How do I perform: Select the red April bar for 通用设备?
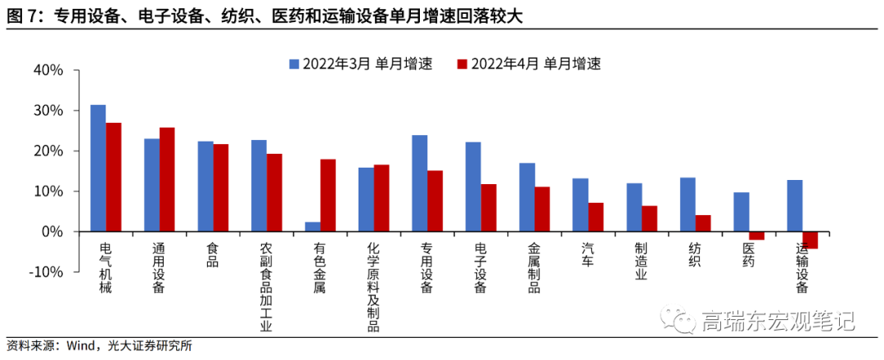point(167,180)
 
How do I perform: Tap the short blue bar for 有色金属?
point(312,227)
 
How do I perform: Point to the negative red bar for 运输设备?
point(810,240)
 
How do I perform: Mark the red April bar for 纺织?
point(702,223)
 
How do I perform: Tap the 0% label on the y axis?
point(52,232)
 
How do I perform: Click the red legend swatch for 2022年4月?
point(462,64)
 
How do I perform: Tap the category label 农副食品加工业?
point(266,286)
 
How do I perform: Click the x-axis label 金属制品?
point(534,268)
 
